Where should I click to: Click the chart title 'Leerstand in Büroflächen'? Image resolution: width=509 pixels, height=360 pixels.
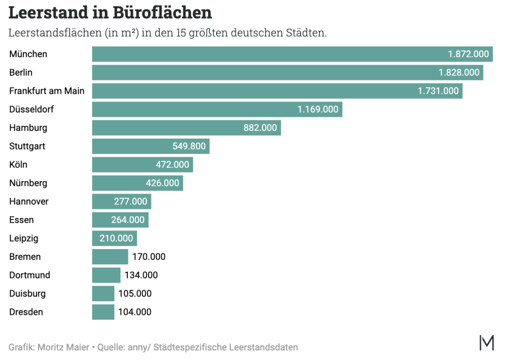(x=110, y=12)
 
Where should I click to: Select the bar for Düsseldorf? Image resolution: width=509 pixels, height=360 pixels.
(x=192, y=109)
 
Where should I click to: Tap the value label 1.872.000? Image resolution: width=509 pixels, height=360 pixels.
(x=468, y=54)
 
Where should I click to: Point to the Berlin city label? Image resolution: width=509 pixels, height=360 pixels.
(x=21, y=72)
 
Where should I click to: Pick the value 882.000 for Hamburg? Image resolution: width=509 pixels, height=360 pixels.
(x=260, y=128)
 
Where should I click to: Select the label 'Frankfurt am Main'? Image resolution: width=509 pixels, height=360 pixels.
(x=47, y=91)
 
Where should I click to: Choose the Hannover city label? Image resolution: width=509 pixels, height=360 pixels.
(x=29, y=202)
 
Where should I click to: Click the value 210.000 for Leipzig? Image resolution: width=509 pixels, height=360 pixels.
(x=117, y=238)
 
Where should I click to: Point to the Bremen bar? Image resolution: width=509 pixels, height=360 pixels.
(x=110, y=256)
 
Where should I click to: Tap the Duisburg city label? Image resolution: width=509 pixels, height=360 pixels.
(x=28, y=294)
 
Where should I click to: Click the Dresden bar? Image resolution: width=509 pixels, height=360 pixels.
(x=103, y=312)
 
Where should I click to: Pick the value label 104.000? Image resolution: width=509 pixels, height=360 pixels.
(x=135, y=312)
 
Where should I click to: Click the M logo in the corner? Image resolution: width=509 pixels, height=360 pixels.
(x=486, y=342)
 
